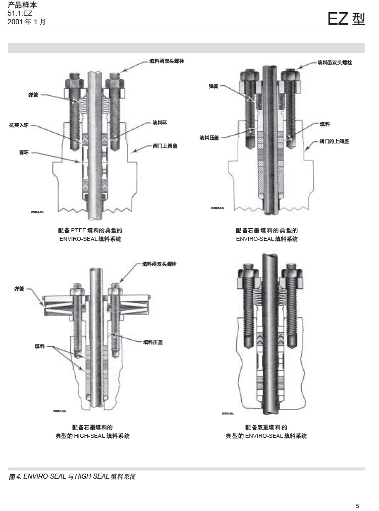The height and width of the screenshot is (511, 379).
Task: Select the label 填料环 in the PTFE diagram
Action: tap(159, 122)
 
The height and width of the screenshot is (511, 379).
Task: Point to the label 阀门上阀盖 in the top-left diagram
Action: tap(165, 145)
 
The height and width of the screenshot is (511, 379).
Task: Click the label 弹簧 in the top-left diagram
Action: tap(33, 94)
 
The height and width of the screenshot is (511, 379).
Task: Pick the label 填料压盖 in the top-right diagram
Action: tap(209, 137)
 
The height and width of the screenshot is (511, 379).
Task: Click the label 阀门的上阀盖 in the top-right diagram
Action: tap(334, 141)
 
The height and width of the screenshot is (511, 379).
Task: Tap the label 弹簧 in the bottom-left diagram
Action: tap(19, 289)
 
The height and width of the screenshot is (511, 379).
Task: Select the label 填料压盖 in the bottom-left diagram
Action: tap(153, 342)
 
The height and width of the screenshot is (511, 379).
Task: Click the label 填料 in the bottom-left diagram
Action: tap(40, 346)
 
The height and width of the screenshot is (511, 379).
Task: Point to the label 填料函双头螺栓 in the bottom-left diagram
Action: tap(159, 264)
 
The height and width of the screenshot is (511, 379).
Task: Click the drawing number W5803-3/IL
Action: tap(37, 213)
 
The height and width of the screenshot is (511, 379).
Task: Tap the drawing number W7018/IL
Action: tap(228, 414)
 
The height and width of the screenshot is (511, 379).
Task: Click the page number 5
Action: tap(357, 505)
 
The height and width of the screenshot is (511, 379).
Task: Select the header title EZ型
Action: tap(346, 19)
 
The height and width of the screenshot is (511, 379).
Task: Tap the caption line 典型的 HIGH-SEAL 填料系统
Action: tap(92, 436)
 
